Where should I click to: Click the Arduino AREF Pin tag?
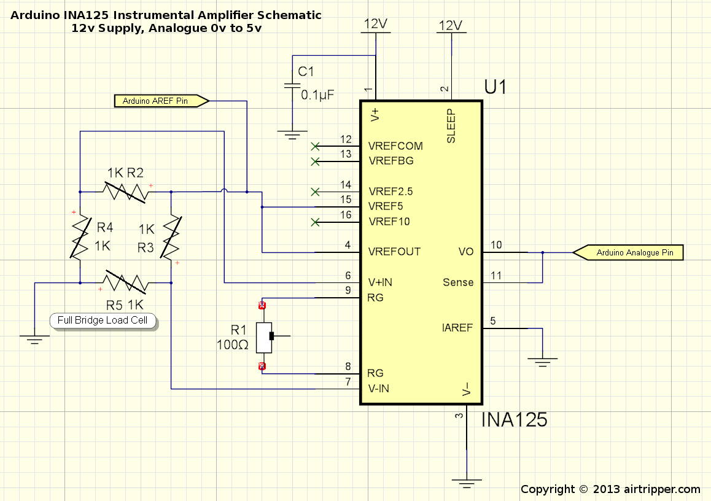click(161, 101)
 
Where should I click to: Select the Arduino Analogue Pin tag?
click(628, 252)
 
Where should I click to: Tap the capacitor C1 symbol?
click(292, 86)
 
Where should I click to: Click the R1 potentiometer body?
click(264, 338)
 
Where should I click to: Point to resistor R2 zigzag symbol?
click(126, 192)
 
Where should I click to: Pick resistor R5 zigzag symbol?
click(126, 283)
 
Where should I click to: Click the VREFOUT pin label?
click(394, 252)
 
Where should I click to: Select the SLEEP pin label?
click(451, 126)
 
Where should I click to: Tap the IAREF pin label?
click(457, 327)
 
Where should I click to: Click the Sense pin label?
click(458, 282)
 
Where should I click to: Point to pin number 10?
click(496, 245)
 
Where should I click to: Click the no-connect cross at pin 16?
click(315, 222)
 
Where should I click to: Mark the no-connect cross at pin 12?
click(315, 147)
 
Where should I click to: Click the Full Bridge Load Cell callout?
click(103, 320)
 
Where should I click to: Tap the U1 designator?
click(495, 87)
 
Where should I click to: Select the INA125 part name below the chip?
click(514, 420)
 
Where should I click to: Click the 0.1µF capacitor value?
click(317, 95)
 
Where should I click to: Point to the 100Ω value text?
click(232, 345)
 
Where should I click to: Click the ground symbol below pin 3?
click(467, 483)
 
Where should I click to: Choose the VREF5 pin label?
click(386, 206)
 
